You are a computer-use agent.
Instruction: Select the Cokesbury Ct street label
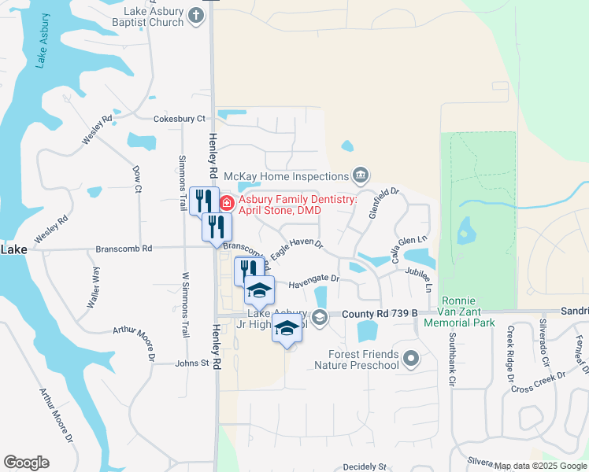click(x=179, y=118)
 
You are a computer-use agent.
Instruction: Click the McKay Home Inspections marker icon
click(x=361, y=175)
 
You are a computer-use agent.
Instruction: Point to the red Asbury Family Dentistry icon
click(x=227, y=204)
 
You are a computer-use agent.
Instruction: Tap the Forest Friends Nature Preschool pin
click(x=410, y=360)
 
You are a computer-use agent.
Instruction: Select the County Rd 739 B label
click(x=380, y=314)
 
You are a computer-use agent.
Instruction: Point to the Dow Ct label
click(x=137, y=179)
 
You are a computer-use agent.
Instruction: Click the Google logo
click(x=26, y=463)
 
